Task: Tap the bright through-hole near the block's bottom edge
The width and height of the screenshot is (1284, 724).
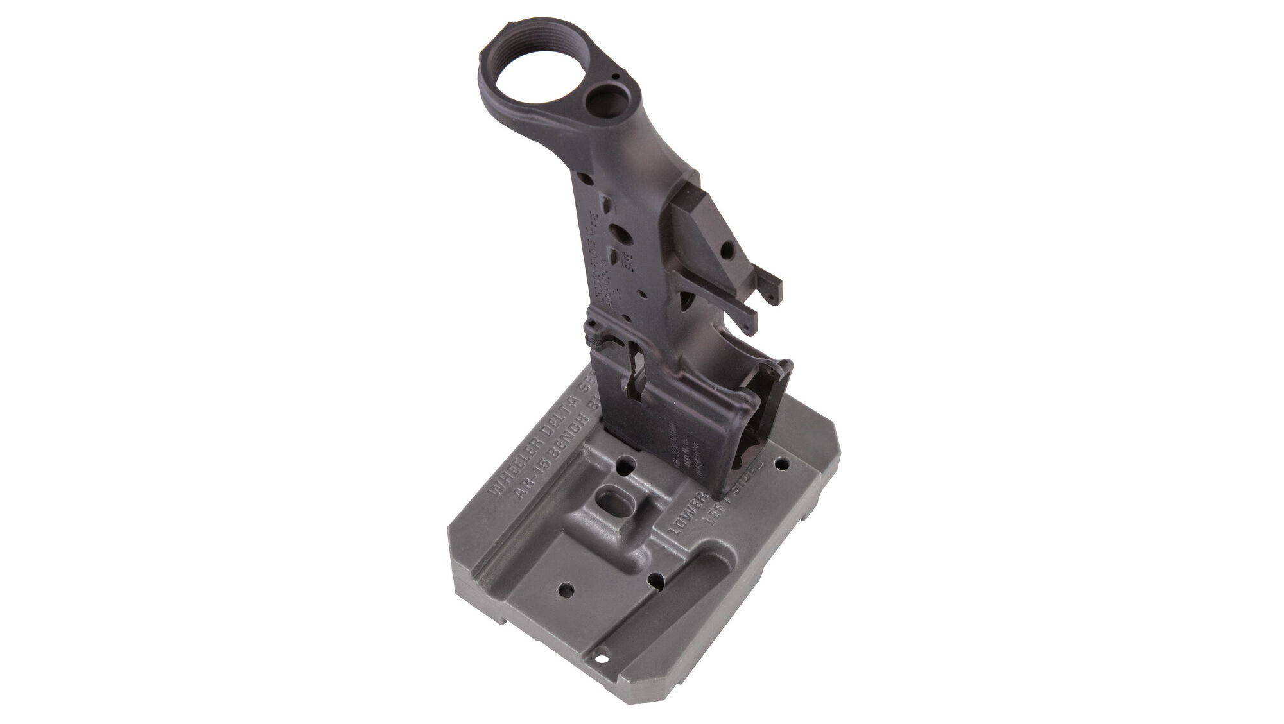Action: [x=602, y=675]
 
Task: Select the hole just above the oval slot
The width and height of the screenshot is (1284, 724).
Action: [x=621, y=478]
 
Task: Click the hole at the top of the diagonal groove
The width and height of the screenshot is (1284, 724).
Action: [x=655, y=582]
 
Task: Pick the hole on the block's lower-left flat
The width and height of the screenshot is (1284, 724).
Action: [x=567, y=589]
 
